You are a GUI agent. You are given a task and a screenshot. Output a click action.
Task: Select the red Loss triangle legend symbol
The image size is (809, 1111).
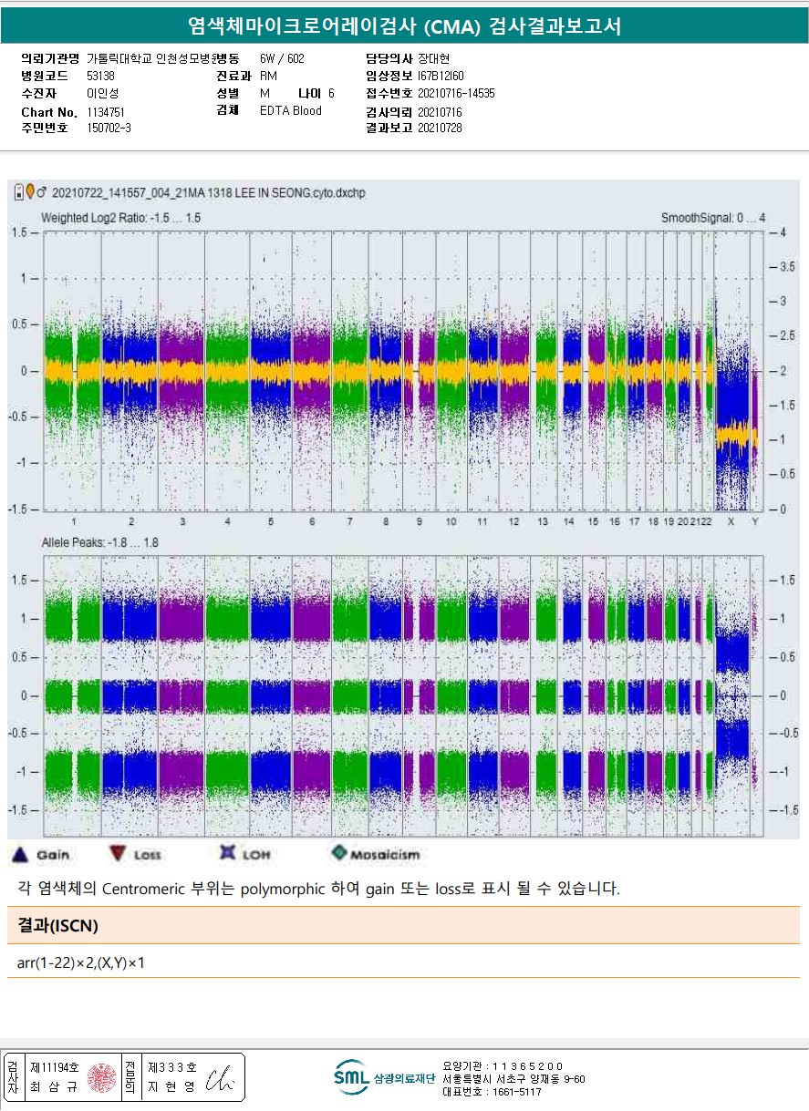point(117,854)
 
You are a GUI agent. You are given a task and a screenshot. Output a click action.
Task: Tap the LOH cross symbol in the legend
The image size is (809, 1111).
point(228,853)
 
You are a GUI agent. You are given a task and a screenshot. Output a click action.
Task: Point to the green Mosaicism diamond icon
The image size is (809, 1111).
point(339,853)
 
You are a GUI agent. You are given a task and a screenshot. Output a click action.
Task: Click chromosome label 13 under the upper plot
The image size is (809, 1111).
point(543,521)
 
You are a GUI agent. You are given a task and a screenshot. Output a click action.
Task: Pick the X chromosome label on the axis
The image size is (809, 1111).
point(731,521)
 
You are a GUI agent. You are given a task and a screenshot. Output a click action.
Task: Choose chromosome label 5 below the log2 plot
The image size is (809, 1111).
point(271,521)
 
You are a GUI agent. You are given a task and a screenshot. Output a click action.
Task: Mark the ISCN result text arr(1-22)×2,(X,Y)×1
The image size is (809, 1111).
point(81,962)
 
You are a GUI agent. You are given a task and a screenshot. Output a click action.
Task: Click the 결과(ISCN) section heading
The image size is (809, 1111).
point(57,926)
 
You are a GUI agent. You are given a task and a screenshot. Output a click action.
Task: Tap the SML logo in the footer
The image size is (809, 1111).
point(351,1077)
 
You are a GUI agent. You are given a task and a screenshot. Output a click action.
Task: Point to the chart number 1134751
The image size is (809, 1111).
point(106,112)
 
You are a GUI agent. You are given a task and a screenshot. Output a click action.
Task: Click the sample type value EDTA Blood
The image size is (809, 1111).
point(290,111)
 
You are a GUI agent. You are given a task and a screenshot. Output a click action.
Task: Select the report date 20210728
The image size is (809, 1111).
point(440,129)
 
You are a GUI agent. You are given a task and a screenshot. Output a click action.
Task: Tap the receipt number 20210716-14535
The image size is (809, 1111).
point(456,93)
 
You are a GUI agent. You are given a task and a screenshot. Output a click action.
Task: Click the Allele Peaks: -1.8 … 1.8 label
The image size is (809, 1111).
point(99,542)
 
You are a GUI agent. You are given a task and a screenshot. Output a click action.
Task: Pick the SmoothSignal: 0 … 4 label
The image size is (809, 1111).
point(713,218)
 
